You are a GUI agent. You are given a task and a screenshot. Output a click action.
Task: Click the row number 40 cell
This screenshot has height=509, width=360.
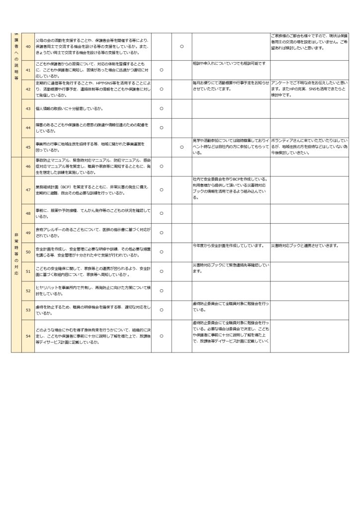click(28, 46)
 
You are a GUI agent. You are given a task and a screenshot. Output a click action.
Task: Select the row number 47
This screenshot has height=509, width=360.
click(28, 189)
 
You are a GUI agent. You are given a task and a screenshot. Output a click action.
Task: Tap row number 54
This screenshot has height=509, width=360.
click(28, 336)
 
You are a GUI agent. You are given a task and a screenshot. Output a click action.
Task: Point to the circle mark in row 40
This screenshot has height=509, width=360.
click(181, 46)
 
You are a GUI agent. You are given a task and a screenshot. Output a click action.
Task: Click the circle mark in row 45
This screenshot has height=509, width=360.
click(181, 147)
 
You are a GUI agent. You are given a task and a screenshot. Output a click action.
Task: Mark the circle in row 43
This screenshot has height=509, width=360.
click(161, 108)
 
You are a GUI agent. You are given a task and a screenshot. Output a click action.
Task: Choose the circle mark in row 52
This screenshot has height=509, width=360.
click(161, 290)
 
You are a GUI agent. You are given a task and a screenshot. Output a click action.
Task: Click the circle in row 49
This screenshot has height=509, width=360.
click(161, 233)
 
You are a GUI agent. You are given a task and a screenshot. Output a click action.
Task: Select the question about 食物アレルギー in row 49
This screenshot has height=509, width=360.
click(92, 233)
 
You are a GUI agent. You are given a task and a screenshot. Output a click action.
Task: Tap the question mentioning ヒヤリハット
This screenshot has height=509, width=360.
click(92, 290)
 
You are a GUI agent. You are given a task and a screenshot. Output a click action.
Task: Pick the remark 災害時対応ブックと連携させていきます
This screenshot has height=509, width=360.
click(305, 246)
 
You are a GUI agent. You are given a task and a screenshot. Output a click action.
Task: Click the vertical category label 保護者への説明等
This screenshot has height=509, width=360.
click(16, 57)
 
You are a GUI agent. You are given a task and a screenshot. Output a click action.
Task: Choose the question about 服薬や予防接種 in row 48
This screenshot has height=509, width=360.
click(92, 213)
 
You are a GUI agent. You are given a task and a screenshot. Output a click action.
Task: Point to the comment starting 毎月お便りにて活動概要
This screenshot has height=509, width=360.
click(231, 85)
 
